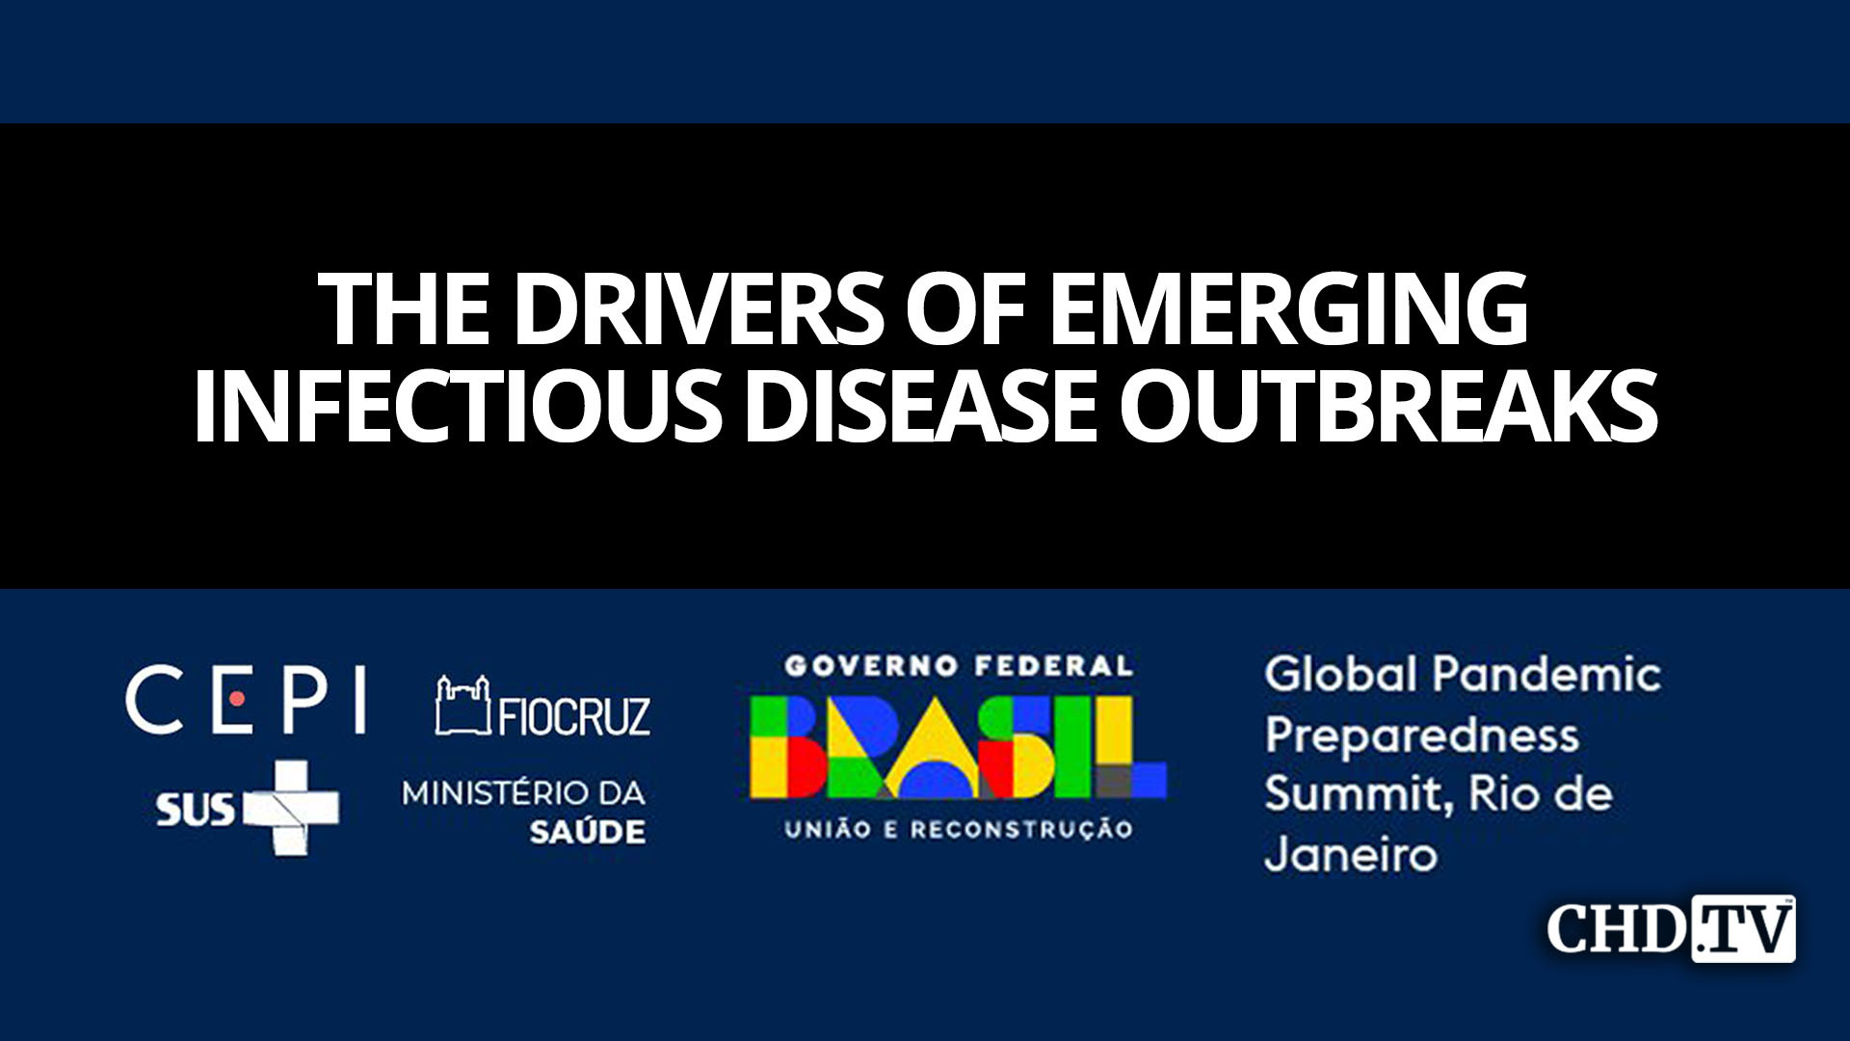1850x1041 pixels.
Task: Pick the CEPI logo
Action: pos(246,699)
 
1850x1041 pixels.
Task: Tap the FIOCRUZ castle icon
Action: pos(462,706)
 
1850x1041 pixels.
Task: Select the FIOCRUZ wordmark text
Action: pos(574,715)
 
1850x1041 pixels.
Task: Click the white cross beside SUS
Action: pos(290,808)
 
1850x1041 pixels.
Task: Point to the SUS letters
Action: pos(195,810)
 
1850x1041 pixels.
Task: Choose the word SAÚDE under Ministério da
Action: pos(587,832)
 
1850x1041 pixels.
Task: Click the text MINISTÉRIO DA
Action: pos(523,793)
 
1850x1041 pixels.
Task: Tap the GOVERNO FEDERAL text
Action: pos(958,666)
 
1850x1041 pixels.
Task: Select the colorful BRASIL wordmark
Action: pos(958,748)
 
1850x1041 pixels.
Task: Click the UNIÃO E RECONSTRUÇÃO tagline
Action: pos(958,829)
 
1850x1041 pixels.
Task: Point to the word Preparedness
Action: pos(1421,736)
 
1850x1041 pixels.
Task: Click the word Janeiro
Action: pos(1350,855)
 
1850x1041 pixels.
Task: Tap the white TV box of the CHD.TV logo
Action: pos(1744,929)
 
